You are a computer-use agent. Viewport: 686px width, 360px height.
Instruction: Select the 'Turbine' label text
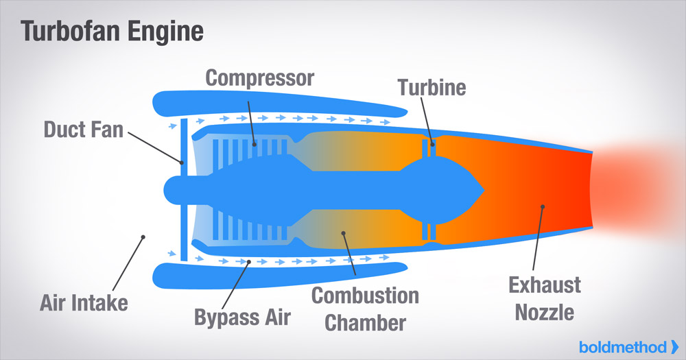[x=432, y=88]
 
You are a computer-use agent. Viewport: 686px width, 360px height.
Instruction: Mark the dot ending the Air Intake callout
[x=143, y=238]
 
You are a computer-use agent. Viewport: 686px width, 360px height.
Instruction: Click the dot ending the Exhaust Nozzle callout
[x=543, y=205]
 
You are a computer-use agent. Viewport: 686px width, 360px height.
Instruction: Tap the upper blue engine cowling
[x=274, y=102]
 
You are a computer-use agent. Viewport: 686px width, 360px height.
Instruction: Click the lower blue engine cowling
[x=274, y=274]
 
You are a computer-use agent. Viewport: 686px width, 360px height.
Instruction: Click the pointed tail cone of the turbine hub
[x=480, y=188]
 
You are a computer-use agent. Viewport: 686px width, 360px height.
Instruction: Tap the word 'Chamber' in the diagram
[x=366, y=322]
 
